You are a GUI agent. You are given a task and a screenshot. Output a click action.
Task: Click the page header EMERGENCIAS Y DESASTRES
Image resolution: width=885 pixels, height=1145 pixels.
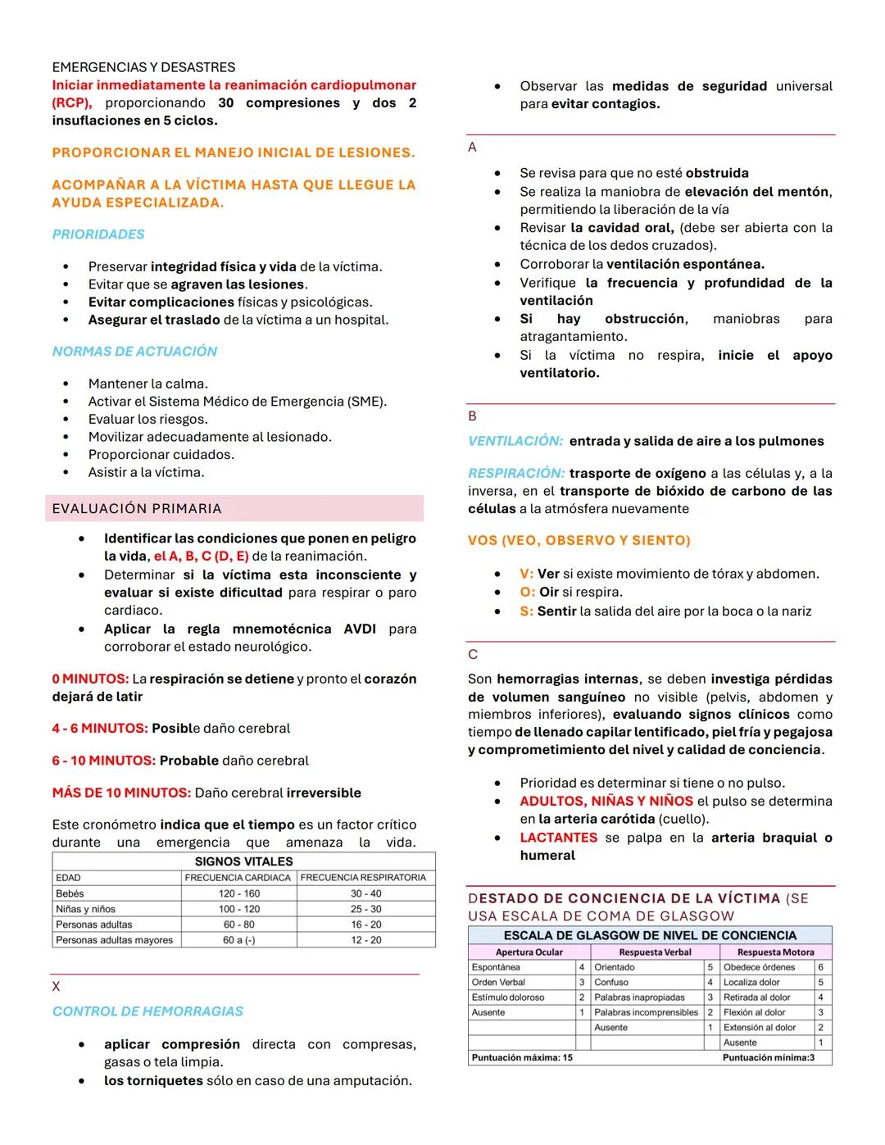point(143,67)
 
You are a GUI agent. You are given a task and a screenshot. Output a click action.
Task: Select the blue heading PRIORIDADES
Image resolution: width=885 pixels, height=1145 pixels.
point(98,234)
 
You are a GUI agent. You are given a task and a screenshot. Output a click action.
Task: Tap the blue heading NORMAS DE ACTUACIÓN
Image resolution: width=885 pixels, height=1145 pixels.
point(134,352)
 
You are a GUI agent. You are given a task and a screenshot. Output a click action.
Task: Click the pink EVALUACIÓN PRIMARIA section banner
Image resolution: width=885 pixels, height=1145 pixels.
point(234,508)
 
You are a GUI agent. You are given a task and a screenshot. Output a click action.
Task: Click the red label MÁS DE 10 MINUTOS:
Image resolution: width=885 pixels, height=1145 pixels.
point(121,793)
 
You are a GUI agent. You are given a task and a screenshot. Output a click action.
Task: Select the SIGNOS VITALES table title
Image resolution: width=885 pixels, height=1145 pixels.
point(243,861)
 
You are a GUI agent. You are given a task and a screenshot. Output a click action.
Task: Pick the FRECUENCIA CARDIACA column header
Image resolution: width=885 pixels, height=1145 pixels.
point(238,878)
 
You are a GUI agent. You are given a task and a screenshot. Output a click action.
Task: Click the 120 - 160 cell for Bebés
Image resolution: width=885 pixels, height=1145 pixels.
point(238,893)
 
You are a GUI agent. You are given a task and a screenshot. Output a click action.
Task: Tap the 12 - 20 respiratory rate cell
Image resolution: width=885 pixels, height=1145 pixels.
point(365,940)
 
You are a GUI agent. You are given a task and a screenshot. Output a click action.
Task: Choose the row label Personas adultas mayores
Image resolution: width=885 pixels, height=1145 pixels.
point(115,940)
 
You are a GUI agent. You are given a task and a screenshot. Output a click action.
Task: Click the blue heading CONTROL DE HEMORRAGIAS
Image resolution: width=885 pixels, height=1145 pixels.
point(147,1011)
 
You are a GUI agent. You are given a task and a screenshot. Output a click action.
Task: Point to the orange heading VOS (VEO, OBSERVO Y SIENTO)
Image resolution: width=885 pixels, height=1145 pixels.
point(579,541)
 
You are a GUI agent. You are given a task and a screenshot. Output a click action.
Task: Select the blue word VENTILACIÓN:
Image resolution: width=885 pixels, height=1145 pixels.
point(515,441)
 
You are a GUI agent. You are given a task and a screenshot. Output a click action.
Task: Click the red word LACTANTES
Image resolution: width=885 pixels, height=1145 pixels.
point(558,838)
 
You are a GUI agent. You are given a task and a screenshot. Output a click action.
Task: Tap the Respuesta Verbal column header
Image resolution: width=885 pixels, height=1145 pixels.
point(655,952)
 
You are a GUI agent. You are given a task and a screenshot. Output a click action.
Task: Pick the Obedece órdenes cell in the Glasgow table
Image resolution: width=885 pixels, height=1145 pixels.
point(759,967)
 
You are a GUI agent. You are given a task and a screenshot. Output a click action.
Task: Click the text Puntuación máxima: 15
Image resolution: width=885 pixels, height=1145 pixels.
point(522,1057)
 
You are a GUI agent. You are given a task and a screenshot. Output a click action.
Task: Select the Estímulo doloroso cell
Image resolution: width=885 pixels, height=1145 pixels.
point(508,997)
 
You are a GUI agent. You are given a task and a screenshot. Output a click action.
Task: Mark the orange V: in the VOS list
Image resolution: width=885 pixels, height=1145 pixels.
point(526,575)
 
